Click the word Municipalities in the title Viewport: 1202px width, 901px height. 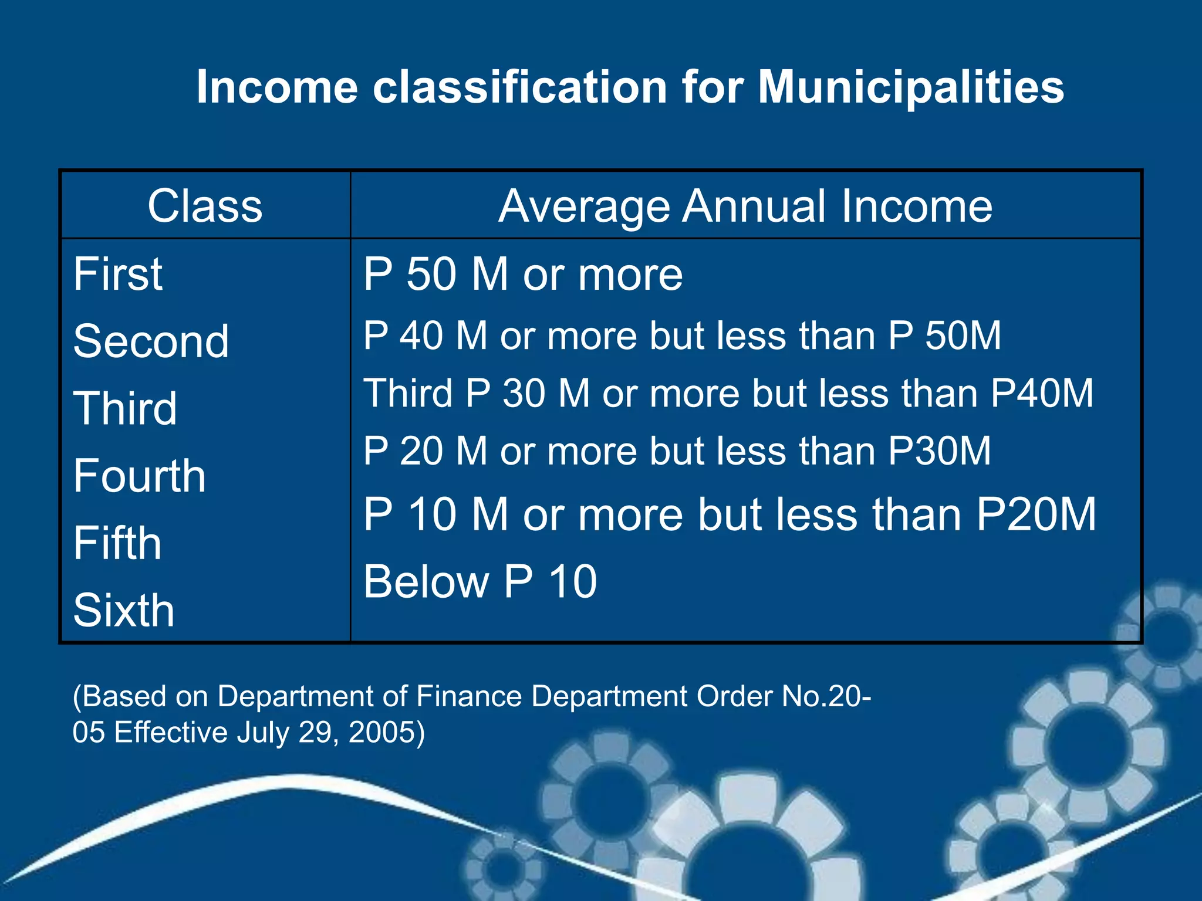click(910, 87)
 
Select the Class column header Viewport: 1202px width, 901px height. click(205, 206)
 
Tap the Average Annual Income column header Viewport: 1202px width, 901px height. click(745, 206)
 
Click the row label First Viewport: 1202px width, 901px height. click(118, 274)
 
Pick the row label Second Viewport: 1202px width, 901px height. click(151, 341)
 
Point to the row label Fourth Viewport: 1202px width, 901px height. click(140, 476)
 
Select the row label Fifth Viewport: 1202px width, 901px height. click(117, 543)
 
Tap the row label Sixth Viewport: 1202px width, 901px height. click(124, 611)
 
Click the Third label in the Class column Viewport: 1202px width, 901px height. click(125, 408)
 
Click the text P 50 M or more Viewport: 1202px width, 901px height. click(523, 274)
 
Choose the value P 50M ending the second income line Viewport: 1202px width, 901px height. click(944, 336)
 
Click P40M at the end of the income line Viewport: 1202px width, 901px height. click(1042, 393)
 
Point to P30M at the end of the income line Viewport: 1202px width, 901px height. click(940, 451)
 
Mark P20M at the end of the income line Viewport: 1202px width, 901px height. click(1036, 514)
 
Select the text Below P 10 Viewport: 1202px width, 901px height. click(480, 581)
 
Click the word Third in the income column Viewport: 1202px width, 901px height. click(408, 393)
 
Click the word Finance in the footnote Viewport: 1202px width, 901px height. click(469, 696)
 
